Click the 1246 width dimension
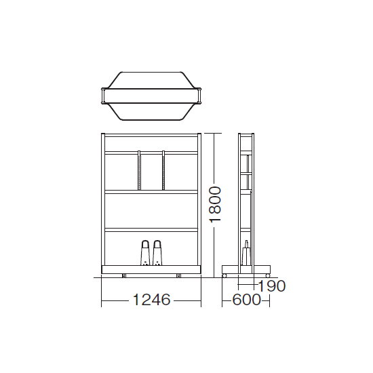151,299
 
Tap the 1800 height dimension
215,205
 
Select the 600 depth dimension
246,300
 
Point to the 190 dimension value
271,286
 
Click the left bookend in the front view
144,253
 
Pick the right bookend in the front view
157,253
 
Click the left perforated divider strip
139,170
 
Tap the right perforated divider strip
163,170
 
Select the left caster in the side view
224,276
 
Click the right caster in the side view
268,276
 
